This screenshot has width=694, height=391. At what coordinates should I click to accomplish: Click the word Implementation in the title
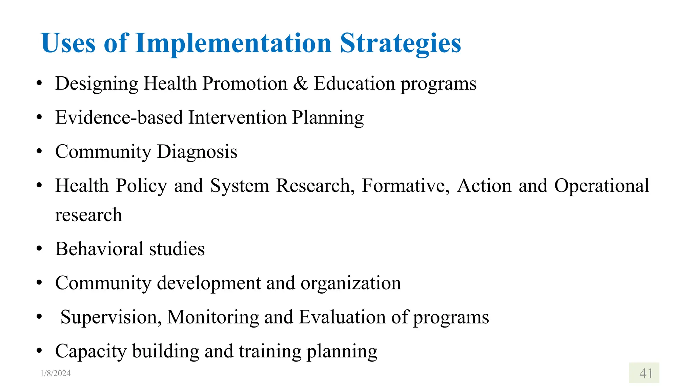point(233,43)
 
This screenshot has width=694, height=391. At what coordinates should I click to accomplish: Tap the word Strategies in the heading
point(400,43)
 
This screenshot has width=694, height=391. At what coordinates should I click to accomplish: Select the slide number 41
point(646,373)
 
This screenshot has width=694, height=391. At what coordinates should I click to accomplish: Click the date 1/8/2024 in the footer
point(55,373)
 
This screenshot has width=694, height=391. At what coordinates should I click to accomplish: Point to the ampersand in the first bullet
point(300,83)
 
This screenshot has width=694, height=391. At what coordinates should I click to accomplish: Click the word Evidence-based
point(119,117)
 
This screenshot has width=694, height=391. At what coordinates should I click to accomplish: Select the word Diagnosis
point(197,151)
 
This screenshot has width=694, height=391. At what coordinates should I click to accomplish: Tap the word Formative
point(405,186)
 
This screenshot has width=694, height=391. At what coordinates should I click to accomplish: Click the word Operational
point(601,186)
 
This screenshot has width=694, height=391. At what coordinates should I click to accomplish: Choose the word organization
point(351,283)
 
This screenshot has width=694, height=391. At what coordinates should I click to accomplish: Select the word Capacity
point(91,351)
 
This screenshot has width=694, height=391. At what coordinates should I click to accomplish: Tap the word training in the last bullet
point(270,351)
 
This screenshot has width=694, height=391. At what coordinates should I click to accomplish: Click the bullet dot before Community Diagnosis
point(39,151)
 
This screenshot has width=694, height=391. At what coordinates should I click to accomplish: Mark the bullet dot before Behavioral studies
point(39,249)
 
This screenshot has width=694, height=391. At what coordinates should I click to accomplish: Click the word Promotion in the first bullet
point(245,83)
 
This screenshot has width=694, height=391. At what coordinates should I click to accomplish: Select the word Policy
point(141,186)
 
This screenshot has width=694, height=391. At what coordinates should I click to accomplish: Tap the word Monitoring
point(213,317)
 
